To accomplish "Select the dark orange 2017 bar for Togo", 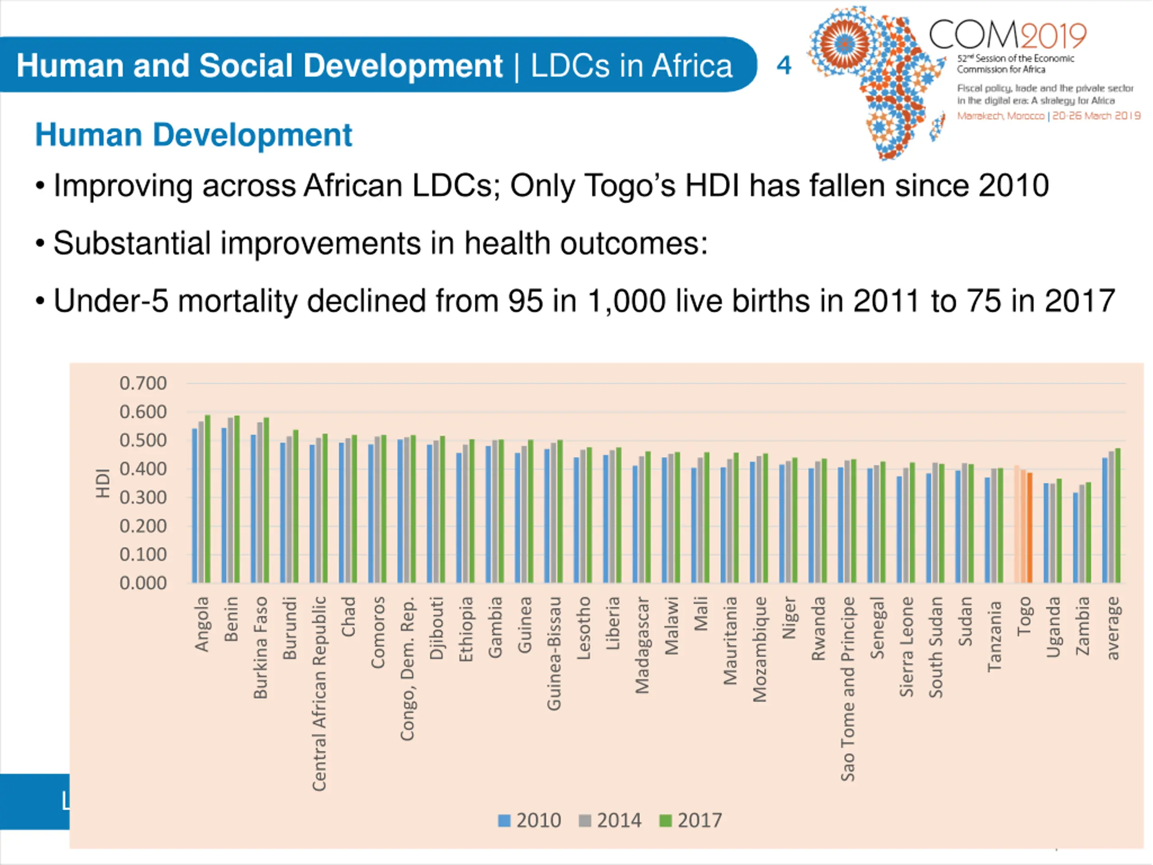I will (x=1030, y=528).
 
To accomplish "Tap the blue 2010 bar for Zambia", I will (x=1076, y=537).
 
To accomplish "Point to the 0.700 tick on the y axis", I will (x=143, y=384).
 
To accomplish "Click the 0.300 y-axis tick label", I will (x=143, y=497).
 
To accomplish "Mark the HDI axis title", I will (x=103, y=483).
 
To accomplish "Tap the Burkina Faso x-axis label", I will (x=260, y=647).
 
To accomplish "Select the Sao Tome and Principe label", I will (x=848, y=688).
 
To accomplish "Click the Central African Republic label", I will (x=319, y=693).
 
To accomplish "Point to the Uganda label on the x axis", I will (x=1053, y=627).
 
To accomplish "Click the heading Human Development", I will (x=193, y=135).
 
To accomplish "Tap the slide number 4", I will (x=783, y=65).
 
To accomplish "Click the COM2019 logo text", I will (x=1007, y=36).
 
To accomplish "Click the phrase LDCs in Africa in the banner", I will (x=631, y=66).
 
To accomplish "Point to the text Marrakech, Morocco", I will (x=1000, y=116).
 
